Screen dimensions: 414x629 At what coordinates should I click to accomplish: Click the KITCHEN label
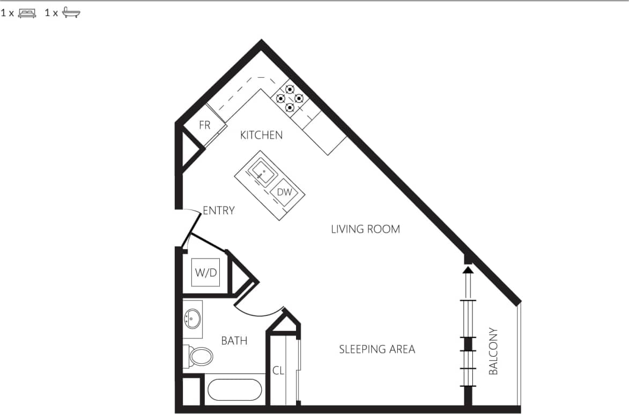click(x=261, y=135)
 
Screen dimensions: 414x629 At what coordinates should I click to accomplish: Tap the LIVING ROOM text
click(x=365, y=229)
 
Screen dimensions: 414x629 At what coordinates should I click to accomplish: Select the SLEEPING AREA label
click(x=377, y=349)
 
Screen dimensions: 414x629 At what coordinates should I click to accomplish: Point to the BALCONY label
click(x=493, y=351)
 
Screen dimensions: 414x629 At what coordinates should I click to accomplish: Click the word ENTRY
click(x=219, y=210)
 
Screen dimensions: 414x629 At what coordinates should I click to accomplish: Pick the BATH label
click(x=234, y=340)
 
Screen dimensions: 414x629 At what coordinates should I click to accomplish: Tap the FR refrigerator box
click(x=204, y=126)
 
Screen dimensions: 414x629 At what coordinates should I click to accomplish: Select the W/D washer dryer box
click(x=206, y=273)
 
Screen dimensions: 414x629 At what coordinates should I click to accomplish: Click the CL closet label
click(x=278, y=370)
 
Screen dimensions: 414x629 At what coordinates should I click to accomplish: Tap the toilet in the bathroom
click(x=200, y=356)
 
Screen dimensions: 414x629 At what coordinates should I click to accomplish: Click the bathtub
click(x=234, y=390)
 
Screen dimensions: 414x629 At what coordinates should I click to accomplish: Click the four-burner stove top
click(x=290, y=98)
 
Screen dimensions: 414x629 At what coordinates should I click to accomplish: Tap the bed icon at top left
click(x=27, y=13)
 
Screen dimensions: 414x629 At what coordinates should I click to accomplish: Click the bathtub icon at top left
click(x=71, y=13)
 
